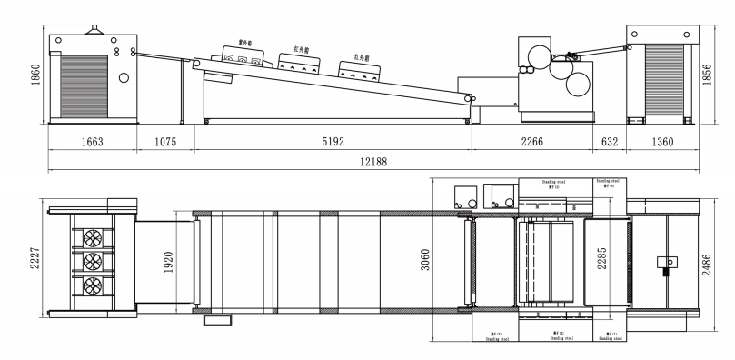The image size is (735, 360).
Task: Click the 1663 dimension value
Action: [91, 142]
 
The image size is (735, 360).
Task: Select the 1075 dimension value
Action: [164, 142]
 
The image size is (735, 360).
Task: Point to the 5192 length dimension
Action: [332, 142]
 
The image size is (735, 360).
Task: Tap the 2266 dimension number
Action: [531, 142]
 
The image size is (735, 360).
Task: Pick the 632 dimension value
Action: [610, 142]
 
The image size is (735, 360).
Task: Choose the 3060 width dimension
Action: [437, 262]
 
